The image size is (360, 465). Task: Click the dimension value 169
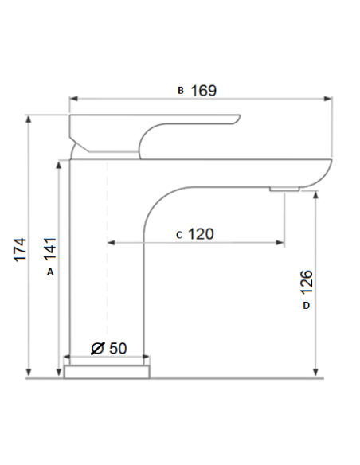[203, 90]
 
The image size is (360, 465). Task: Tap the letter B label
[181, 91]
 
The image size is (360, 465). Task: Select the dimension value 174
[21, 249]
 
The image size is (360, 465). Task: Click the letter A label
[49, 272]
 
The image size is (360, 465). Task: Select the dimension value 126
[307, 282]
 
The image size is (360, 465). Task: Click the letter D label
[306, 305]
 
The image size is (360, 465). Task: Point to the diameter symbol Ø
[97, 348]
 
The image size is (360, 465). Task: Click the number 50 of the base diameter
[117, 348]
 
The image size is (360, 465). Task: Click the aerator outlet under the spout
[284, 189]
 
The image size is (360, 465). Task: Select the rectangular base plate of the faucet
[108, 370]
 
